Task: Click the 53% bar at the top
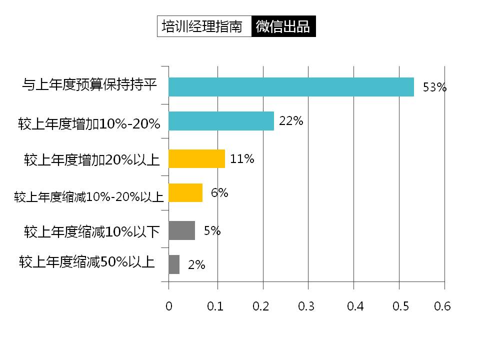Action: tap(291, 87)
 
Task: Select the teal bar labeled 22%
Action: tap(221, 121)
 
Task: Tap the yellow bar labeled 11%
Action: tap(196, 158)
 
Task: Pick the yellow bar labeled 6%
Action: tap(185, 192)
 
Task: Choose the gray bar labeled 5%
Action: tap(181, 230)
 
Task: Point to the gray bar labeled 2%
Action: tap(174, 264)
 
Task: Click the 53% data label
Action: tap(434, 87)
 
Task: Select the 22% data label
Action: tap(291, 120)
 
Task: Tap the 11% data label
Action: tap(242, 159)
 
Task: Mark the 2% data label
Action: tap(196, 265)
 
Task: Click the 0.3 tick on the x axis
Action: tap(306, 306)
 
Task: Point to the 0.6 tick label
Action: tap(442, 306)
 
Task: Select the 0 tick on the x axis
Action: tap(169, 306)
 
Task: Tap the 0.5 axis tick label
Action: tap(398, 306)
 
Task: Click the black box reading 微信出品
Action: tap(283, 27)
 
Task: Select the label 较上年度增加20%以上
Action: tap(91, 160)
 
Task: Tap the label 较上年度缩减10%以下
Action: tap(92, 231)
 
